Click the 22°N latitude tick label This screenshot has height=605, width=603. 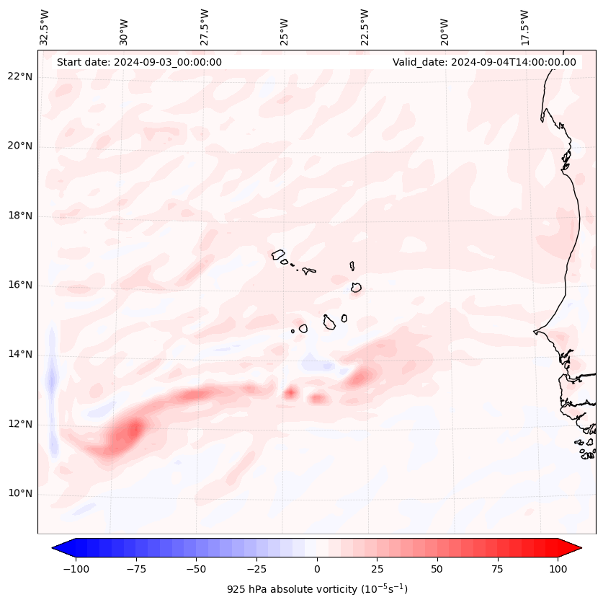tap(19, 77)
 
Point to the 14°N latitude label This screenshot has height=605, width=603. tap(19, 354)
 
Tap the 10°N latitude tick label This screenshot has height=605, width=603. tap(19, 494)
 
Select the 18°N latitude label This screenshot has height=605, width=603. tap(19, 216)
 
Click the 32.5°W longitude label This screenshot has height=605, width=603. tap(45, 27)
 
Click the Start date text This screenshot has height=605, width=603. tap(139, 62)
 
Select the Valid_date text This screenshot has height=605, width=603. tap(484, 62)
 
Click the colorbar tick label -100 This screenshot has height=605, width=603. tap(76, 569)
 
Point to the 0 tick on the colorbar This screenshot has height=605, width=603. tap(316, 569)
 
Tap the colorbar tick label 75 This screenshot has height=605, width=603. tap(497, 569)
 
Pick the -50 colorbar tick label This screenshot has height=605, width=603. tap(196, 569)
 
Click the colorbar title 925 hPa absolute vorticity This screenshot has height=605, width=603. tap(317, 589)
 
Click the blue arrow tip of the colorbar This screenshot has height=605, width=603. tap(54, 548)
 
